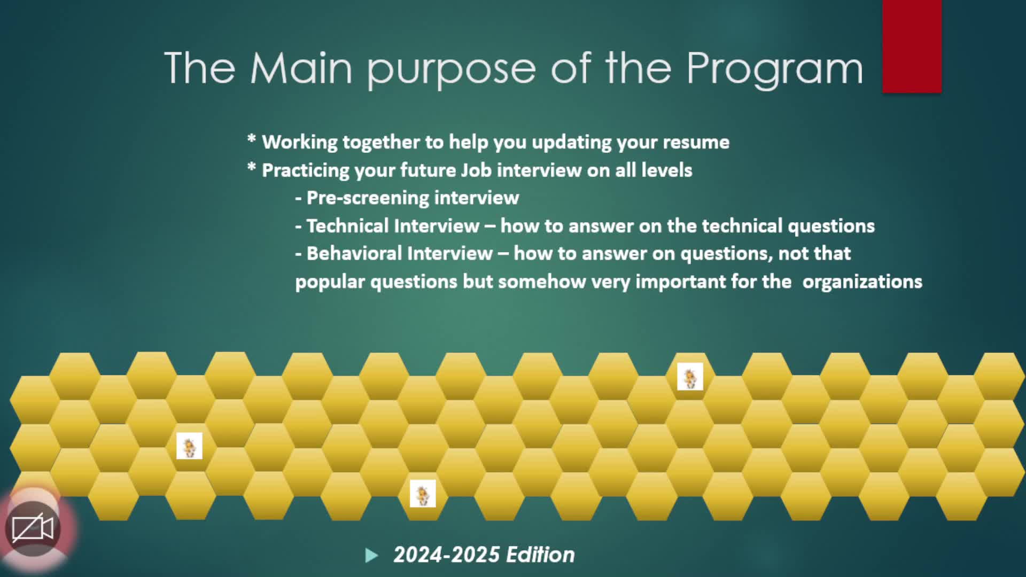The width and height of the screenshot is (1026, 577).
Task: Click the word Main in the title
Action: coord(301,68)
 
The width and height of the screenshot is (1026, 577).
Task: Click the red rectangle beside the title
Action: coord(912,46)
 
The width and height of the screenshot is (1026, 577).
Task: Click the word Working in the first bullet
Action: coord(300,143)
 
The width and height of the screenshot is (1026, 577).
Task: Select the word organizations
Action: coord(862,282)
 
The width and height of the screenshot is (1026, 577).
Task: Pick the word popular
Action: coord(330,282)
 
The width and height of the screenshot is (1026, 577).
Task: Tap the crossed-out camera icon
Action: coord(33,529)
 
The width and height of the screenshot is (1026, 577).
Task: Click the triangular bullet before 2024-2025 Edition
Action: coord(371,556)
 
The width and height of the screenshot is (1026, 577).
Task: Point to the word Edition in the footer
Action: coord(540,555)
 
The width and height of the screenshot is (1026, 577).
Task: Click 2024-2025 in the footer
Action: coord(446,555)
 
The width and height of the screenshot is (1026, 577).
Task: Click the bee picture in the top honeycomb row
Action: coord(690,377)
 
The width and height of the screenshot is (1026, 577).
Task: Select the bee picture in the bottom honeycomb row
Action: coord(423,494)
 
